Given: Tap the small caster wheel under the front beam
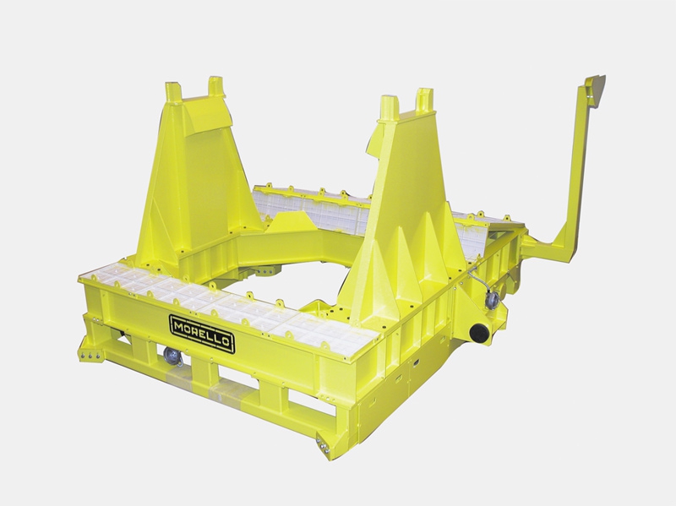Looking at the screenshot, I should pyautogui.click(x=172, y=357).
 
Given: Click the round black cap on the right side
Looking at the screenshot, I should pyautogui.click(x=481, y=332).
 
